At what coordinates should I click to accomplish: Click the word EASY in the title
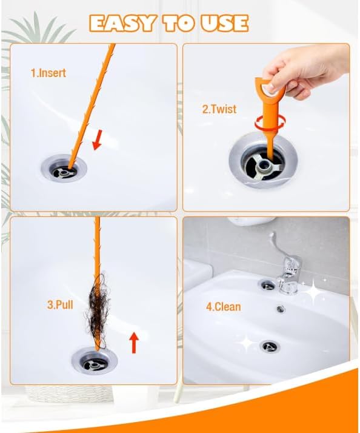point(122,23)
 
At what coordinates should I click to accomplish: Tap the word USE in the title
point(224,23)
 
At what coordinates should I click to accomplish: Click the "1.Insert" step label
point(48,73)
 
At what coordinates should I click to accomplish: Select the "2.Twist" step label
point(219,109)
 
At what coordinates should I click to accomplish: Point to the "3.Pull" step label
point(60,304)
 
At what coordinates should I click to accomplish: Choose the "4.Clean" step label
point(224,306)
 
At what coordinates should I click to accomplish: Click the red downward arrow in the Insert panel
point(97,140)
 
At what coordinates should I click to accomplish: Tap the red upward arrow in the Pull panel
point(134,343)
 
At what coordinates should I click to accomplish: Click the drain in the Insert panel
point(64,168)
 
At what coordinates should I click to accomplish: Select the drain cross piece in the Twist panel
point(265,165)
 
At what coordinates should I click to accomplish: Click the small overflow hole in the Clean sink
point(281,309)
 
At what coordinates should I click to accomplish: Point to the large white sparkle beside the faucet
point(313,290)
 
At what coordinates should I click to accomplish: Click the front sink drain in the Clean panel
point(270,346)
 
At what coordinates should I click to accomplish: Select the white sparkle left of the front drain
point(247,343)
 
